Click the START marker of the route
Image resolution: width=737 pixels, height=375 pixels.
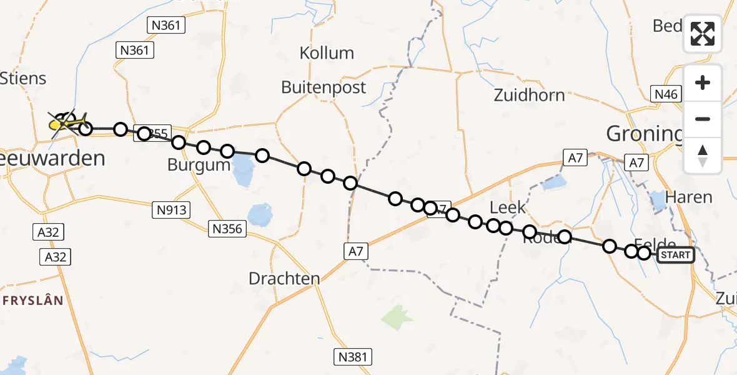(x=675, y=254)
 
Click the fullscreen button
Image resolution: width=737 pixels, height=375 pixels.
(x=703, y=34)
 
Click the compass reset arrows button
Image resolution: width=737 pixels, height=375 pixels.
(x=703, y=156)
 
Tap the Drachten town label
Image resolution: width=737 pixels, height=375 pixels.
(x=284, y=278)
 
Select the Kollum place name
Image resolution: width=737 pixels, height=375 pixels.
(x=327, y=53)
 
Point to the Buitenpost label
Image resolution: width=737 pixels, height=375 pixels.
(x=324, y=87)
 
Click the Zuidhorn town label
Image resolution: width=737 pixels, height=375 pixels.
(x=529, y=95)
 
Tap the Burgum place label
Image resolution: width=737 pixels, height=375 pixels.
(x=199, y=165)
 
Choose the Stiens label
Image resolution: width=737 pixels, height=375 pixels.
(x=24, y=78)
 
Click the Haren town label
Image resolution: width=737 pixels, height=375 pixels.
(x=688, y=197)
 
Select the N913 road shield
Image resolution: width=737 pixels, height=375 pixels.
(x=171, y=210)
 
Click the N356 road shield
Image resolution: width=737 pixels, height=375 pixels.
(x=227, y=229)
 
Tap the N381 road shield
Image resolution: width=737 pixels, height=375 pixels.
(x=353, y=357)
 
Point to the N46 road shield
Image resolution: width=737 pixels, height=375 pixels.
(x=665, y=94)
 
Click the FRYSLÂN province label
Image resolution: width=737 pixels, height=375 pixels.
(x=32, y=301)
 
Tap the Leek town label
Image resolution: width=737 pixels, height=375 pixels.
(x=508, y=206)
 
